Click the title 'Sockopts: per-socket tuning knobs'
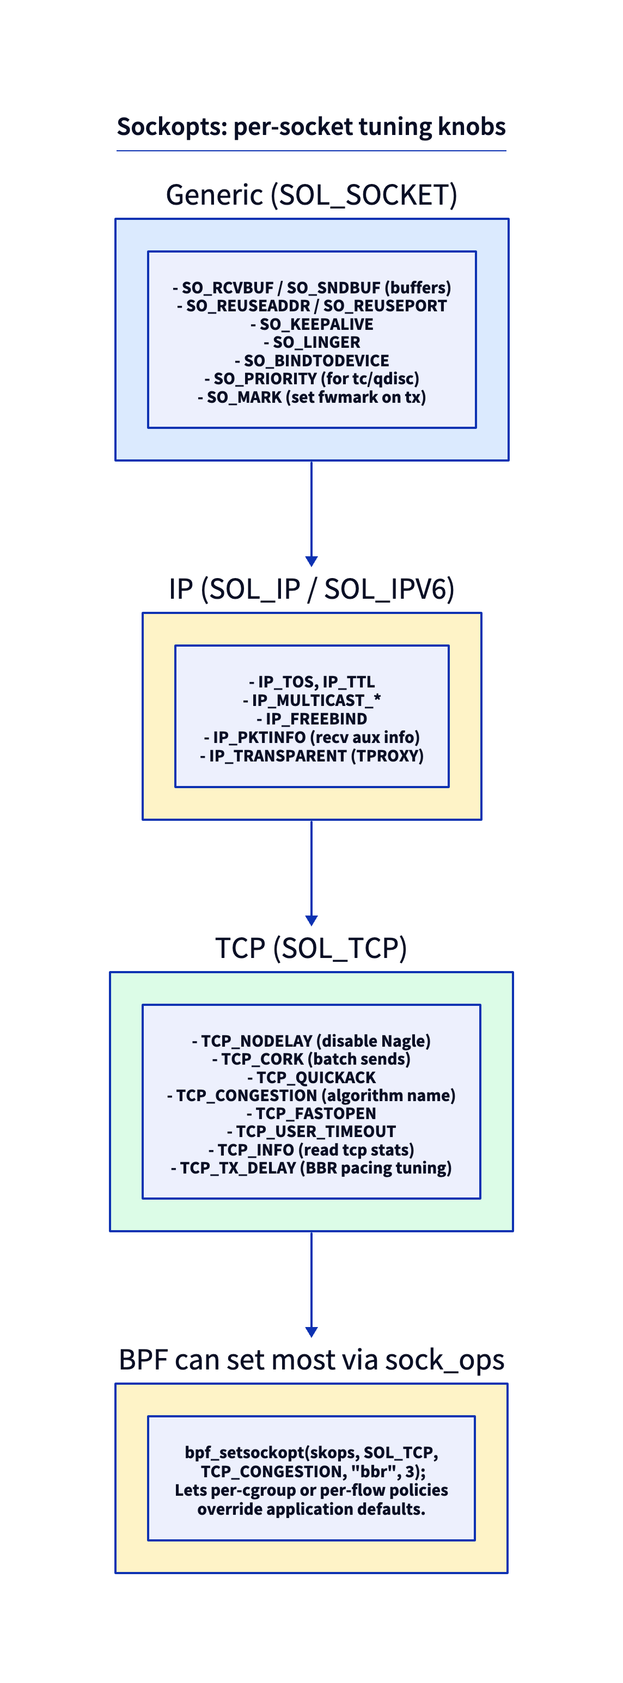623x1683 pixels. (311, 127)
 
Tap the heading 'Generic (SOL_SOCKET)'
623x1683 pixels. (311, 195)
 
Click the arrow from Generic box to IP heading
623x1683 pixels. (311, 513)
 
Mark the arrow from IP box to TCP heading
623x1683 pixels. (311, 873)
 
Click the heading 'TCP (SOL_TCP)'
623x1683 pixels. (311, 948)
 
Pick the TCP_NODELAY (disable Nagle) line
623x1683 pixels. (311, 1041)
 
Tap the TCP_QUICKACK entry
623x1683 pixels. (311, 1077)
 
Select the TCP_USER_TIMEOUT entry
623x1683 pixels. (311, 1132)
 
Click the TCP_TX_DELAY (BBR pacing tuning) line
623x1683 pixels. (311, 1168)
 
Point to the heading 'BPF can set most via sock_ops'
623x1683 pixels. (311, 1360)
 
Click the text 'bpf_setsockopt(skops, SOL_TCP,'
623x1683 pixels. (311, 1452)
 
